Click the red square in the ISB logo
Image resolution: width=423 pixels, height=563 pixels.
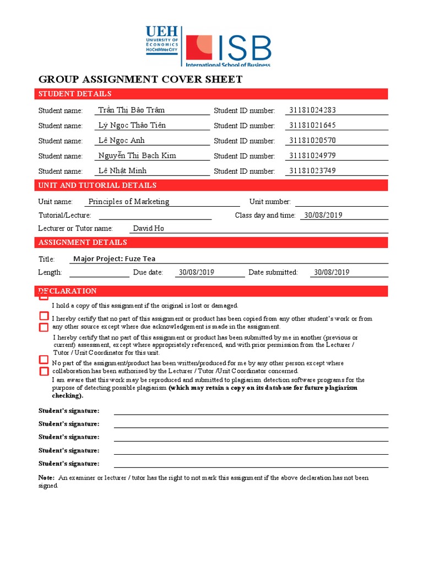click(x=199, y=47)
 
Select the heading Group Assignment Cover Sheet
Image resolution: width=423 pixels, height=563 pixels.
click(x=140, y=79)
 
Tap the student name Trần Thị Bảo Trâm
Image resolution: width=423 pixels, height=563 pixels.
click(x=131, y=110)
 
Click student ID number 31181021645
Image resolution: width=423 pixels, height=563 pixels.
click(x=312, y=125)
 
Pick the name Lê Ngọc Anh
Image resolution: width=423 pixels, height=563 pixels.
click(x=121, y=140)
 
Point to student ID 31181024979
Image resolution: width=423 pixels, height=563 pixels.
click(x=312, y=156)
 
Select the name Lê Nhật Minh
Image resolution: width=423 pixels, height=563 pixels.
click(x=122, y=170)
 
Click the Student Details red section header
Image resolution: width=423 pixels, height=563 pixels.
click(x=75, y=94)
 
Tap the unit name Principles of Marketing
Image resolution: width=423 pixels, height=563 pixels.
click(x=129, y=201)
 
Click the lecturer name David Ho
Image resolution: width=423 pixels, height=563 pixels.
click(x=149, y=228)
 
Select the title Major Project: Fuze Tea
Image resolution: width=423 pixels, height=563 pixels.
click(x=118, y=258)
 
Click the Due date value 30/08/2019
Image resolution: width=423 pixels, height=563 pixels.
click(x=197, y=272)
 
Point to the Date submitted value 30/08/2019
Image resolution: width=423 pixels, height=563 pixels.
click(x=332, y=272)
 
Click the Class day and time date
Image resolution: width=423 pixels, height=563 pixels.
click(x=323, y=215)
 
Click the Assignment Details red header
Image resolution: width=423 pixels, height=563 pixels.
click(x=83, y=242)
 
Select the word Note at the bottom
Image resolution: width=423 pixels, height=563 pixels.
click(x=46, y=478)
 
